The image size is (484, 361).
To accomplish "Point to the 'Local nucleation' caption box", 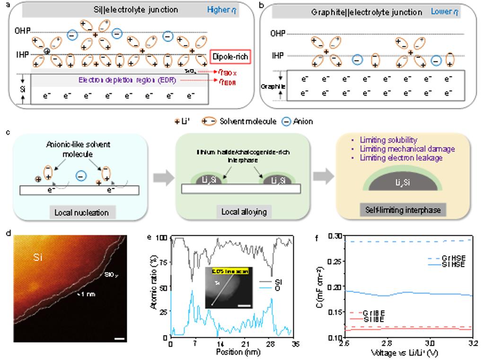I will pyautogui.click(x=81, y=212).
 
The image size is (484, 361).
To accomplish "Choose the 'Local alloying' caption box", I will pyautogui.click(x=244, y=212).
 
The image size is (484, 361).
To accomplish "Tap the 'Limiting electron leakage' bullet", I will pyautogui.click(x=401, y=158).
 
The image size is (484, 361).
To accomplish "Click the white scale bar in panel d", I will pyautogui.click(x=119, y=338).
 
